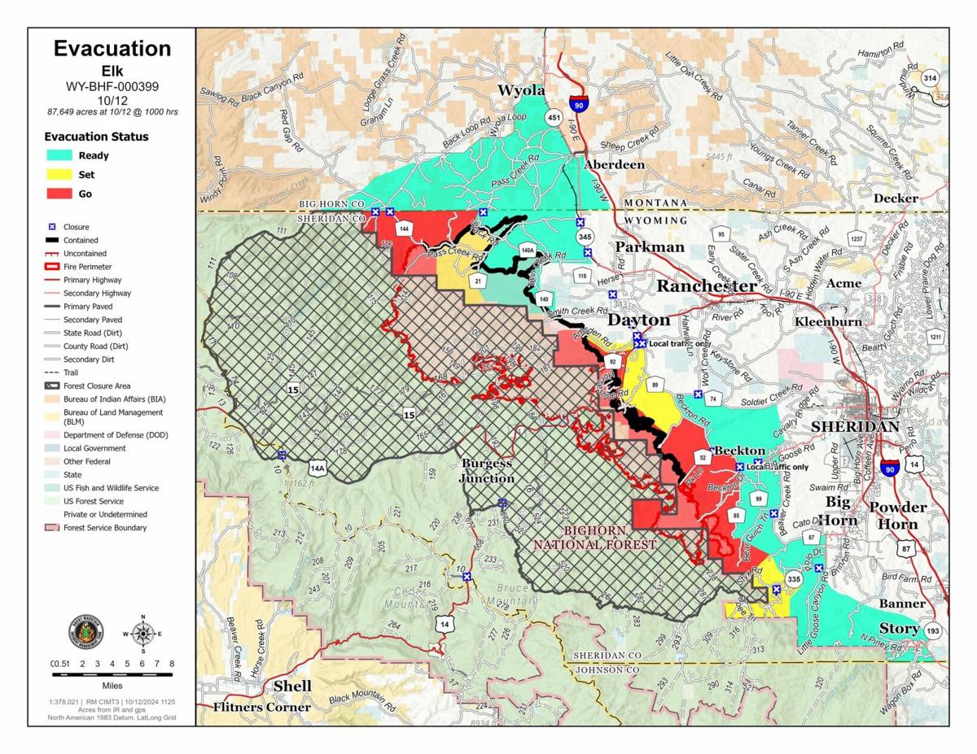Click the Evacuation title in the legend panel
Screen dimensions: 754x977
coord(112,49)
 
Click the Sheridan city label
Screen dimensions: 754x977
coord(855,426)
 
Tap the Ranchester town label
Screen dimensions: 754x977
coord(707,285)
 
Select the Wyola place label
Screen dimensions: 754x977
coord(521,90)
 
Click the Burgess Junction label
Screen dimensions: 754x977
coord(487,471)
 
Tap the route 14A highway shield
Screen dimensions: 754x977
coord(317,468)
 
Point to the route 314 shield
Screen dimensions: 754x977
coord(930,78)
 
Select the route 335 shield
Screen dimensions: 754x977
coord(795,578)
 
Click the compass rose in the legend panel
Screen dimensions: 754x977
coord(143,633)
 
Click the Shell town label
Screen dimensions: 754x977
coord(292,686)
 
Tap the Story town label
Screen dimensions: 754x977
coord(899,629)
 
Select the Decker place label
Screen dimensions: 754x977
coord(896,198)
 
